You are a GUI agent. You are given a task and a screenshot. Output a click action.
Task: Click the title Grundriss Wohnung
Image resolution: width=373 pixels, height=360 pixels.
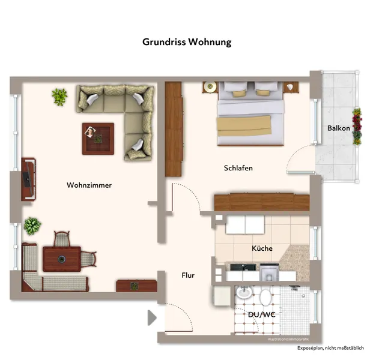[x=186, y=42]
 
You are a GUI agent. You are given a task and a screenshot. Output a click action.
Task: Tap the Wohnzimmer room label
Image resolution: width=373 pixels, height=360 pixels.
[x=89, y=185]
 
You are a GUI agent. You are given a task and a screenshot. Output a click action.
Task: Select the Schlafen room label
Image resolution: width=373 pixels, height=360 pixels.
[x=238, y=169]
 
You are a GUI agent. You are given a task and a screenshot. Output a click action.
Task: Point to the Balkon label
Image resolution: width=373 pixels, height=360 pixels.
[x=339, y=128]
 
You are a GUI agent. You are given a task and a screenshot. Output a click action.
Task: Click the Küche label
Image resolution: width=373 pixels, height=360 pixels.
[x=262, y=248]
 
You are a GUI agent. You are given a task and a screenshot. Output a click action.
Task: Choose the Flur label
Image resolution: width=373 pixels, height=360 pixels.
[x=188, y=275]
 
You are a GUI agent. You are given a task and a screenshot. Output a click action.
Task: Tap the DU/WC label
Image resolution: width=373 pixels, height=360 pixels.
[x=262, y=314]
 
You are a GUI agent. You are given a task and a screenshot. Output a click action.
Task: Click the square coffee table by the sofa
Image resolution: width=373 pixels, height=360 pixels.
[x=98, y=139]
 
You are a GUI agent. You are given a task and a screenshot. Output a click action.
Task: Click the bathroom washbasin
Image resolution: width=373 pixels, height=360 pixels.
[x=244, y=293]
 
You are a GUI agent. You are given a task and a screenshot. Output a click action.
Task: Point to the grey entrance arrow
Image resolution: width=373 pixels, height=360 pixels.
[x=152, y=317]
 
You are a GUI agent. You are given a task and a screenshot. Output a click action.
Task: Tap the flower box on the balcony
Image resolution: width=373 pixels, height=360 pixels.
[x=357, y=127]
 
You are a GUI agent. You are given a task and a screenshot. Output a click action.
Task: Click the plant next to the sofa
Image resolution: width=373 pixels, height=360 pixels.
[x=59, y=96]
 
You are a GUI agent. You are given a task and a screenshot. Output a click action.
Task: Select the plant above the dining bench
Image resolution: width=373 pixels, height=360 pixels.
[x=32, y=226]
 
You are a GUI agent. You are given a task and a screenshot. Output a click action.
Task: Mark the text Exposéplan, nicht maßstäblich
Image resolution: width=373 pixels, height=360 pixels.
[x=330, y=348]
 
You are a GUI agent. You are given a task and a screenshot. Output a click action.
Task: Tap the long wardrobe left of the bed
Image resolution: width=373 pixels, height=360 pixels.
[x=174, y=129]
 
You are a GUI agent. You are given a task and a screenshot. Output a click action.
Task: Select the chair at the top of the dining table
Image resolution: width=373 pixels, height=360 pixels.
[x=62, y=239]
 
